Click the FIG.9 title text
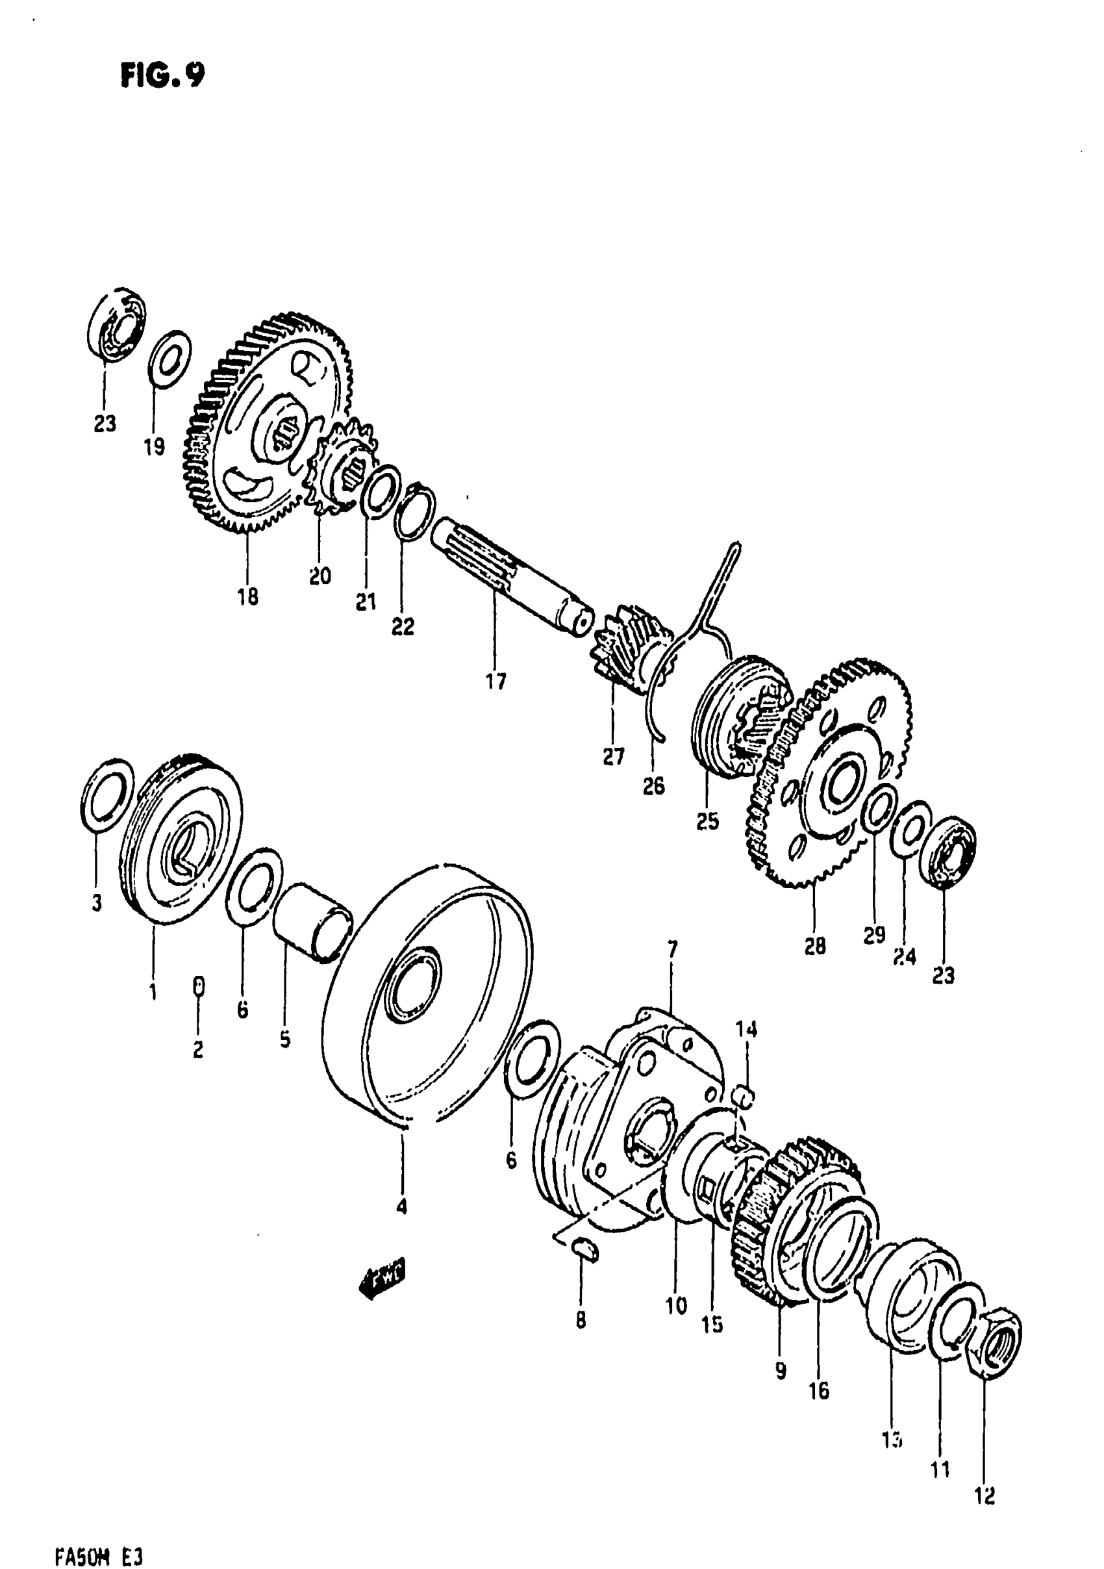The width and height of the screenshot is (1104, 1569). [x=162, y=75]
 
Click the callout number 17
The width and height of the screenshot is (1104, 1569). [x=496, y=681]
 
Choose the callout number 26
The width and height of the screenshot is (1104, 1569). [x=654, y=787]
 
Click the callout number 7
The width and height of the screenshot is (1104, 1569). [x=672, y=949]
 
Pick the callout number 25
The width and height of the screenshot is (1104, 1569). [x=708, y=821]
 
